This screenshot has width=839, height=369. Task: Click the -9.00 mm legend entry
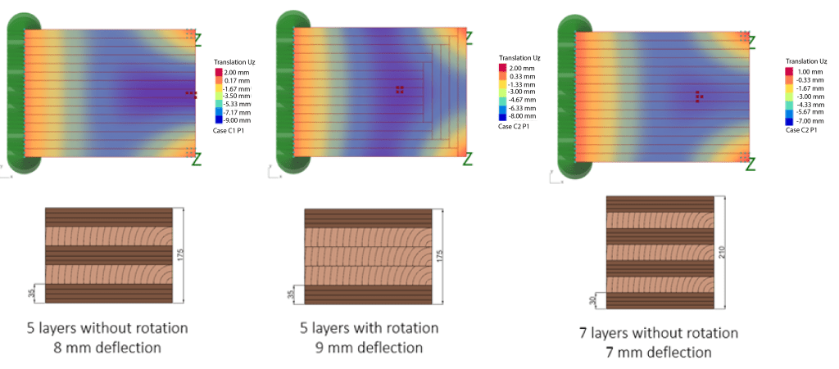click(231, 120)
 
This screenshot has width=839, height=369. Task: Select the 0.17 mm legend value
click(231, 79)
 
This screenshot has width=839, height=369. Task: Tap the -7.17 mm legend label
click(231, 112)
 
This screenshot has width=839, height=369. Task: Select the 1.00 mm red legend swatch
click(789, 72)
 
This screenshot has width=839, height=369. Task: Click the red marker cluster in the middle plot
click(398, 89)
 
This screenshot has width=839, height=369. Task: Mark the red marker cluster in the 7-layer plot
click(698, 97)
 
